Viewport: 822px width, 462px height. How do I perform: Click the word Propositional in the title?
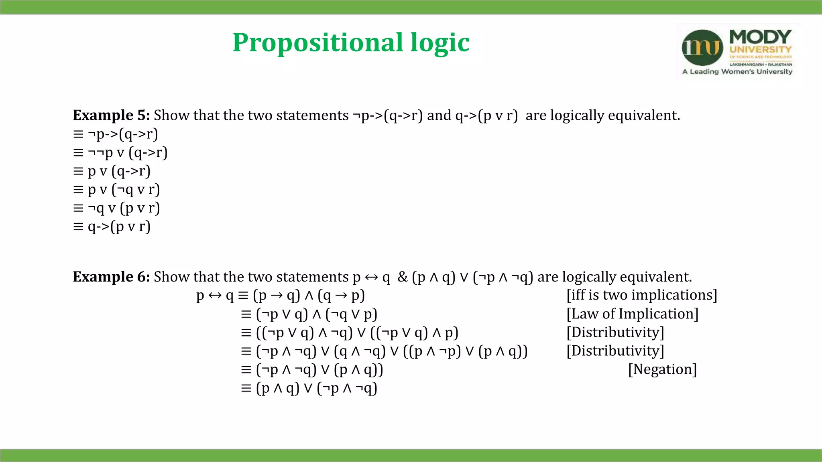pos(317,43)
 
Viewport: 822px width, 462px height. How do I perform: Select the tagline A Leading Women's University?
pos(737,72)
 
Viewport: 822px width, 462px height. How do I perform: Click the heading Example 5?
pos(111,115)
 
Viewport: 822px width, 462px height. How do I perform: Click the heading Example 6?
pos(111,277)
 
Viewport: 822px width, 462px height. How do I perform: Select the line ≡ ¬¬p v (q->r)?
pos(120,153)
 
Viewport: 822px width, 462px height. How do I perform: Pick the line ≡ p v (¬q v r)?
pos(116,190)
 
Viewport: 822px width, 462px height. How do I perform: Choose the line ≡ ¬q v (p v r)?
pos(116,208)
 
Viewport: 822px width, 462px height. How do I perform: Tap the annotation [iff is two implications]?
pos(641,296)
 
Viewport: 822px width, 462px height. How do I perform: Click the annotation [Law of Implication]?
pos(632,314)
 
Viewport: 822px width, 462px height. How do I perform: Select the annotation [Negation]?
pos(662,369)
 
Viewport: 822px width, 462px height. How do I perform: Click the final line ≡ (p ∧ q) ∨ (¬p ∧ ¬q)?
pos(309,388)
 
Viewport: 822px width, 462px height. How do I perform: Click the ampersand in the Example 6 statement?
pos(402,277)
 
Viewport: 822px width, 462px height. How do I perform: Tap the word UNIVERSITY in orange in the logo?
pos(760,50)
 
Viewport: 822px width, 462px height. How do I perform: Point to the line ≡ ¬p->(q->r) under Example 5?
pos(116,134)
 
